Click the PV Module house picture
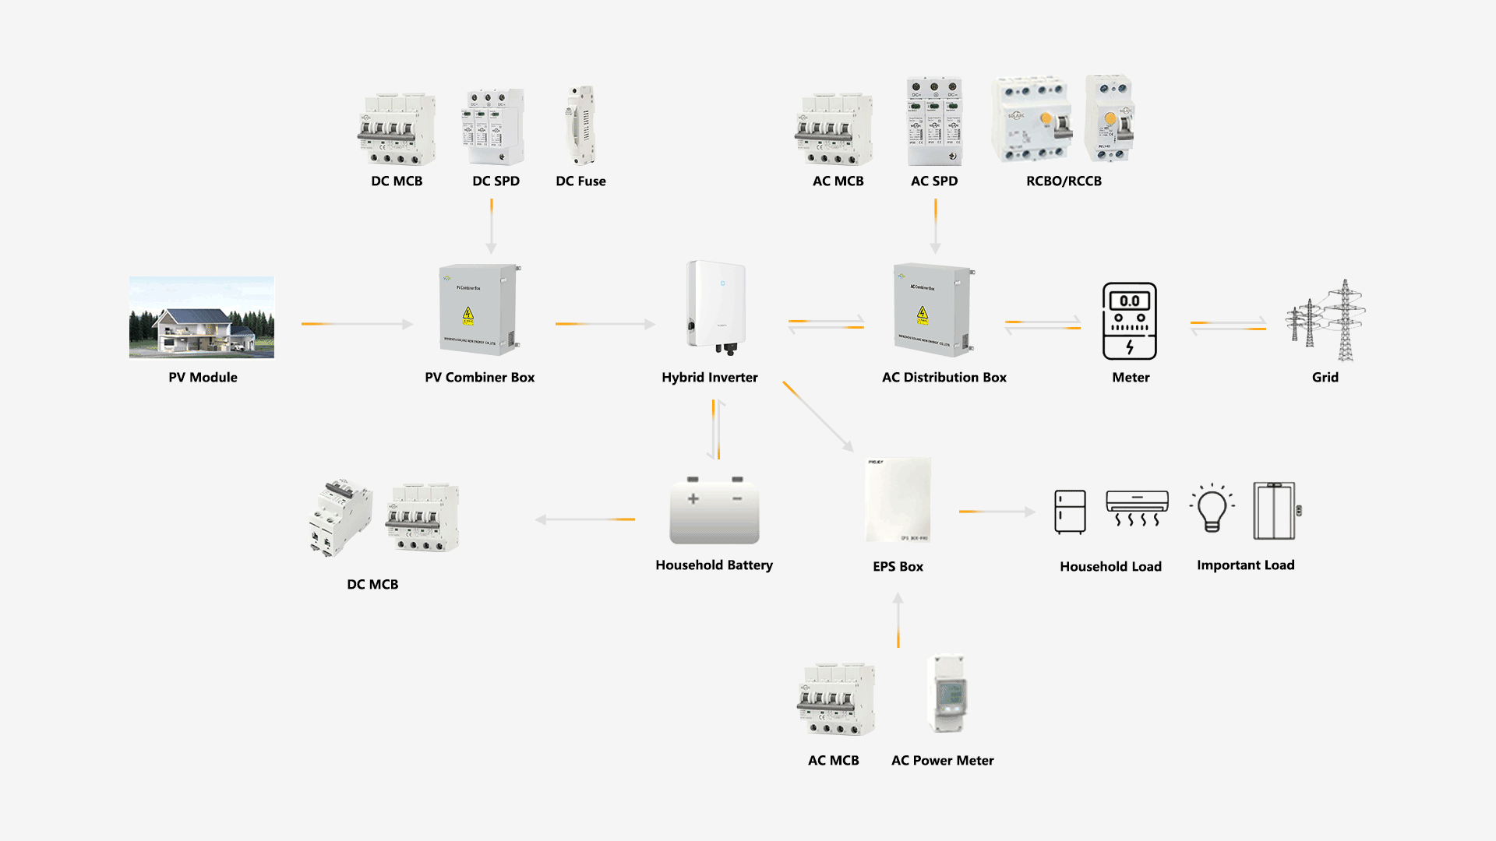202,318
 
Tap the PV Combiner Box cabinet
478,310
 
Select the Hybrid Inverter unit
716,307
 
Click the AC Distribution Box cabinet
933,310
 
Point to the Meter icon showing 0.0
1130,321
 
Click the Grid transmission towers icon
1326,321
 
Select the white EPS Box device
898,500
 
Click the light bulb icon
1212,508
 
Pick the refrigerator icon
1070,512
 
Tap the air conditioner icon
1137,508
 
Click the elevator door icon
1275,511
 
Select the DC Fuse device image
580,125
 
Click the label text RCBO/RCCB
1064,181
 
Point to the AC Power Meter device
948,694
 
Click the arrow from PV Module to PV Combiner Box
357,323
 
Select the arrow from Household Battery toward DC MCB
585,519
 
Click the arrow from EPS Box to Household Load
997,512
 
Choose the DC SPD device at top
496,127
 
